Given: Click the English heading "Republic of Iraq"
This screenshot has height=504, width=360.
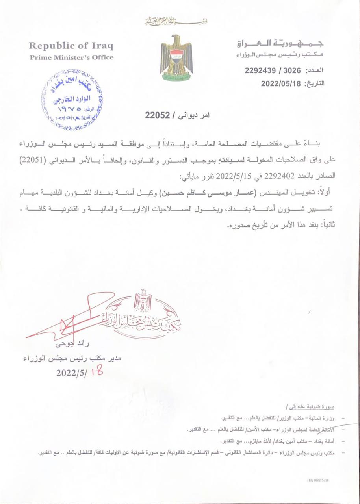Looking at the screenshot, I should (x=71, y=46).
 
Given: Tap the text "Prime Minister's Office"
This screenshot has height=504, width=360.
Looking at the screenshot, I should (x=71, y=57).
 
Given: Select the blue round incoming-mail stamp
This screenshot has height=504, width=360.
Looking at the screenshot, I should (x=72, y=100).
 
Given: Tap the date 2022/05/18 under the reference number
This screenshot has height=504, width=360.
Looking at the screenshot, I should (x=280, y=83).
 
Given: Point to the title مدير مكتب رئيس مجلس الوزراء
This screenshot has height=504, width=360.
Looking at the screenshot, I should (x=72, y=358).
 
